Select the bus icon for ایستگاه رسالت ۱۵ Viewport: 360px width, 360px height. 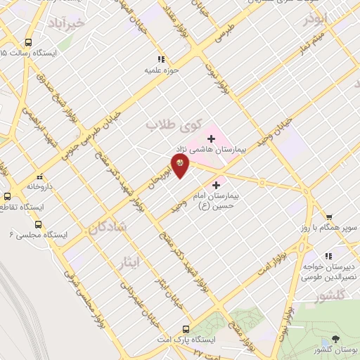pyautogui.click(x=28, y=42)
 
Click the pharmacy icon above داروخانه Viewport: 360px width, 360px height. pyautogui.click(x=39, y=176)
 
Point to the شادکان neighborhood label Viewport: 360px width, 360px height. pyautogui.click(x=108, y=226)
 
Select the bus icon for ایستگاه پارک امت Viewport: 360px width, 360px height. pyautogui.click(x=186, y=328)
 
